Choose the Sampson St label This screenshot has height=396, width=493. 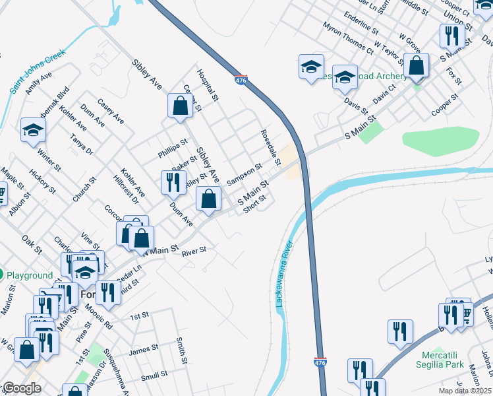[x=245, y=174]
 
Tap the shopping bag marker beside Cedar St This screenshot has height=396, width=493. [x=180, y=106]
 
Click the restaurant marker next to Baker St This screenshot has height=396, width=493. [x=173, y=182]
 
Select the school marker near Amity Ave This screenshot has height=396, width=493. [x=33, y=129]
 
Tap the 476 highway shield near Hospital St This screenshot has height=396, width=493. [x=241, y=80]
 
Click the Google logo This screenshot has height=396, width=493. [x=21, y=388]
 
